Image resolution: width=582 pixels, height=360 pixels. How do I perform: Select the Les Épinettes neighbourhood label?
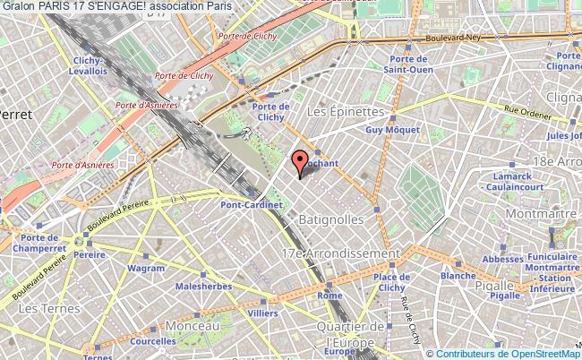pyautogui.click(x=345, y=112)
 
